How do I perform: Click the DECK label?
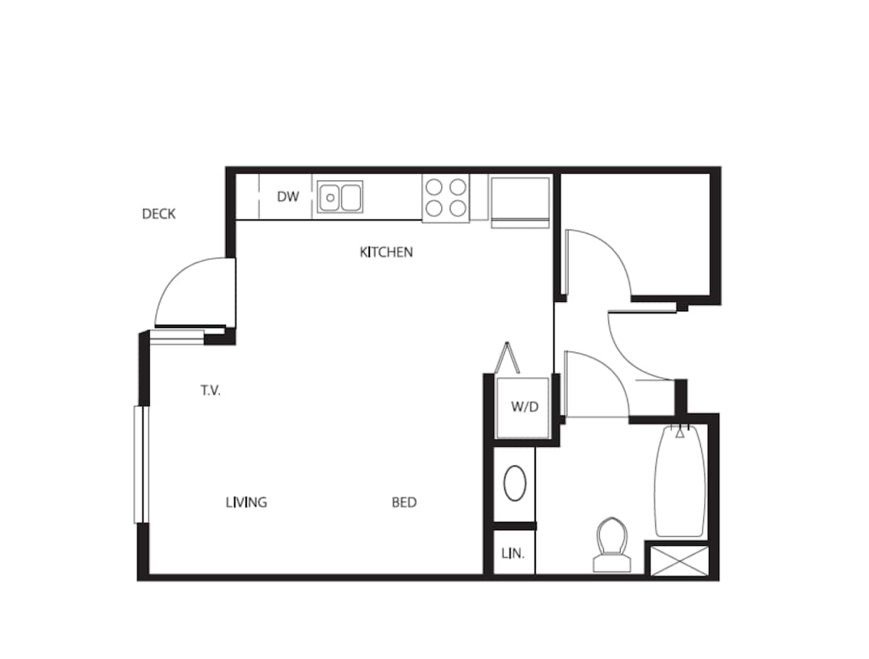pyautogui.click(x=159, y=214)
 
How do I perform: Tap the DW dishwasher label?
pyautogui.click(x=287, y=196)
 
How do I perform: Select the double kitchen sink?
pyautogui.click(x=340, y=196)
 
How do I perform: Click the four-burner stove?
pyautogui.click(x=445, y=198)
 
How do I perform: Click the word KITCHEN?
pyautogui.click(x=386, y=252)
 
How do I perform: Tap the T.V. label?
pyautogui.click(x=211, y=391)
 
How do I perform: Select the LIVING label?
pyautogui.click(x=246, y=502)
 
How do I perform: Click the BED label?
pyautogui.click(x=404, y=502)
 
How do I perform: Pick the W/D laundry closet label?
pyautogui.click(x=525, y=407)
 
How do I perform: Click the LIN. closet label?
pyautogui.click(x=513, y=554)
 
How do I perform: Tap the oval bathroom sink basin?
pyautogui.click(x=515, y=484)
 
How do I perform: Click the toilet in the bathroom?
pyautogui.click(x=610, y=545)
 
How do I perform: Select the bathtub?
pyautogui.click(x=680, y=482)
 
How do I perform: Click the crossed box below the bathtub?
pyautogui.click(x=679, y=561)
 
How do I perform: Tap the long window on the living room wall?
pyautogui.click(x=140, y=464)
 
